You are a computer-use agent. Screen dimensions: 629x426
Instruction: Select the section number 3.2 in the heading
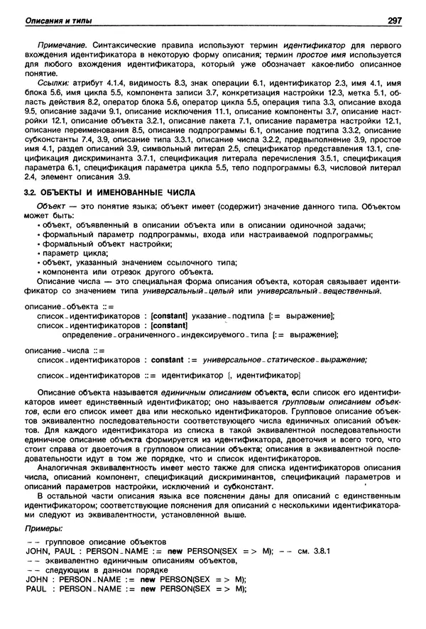click(x=31, y=193)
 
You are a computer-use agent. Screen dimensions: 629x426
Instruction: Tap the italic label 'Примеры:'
click(x=43, y=529)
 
